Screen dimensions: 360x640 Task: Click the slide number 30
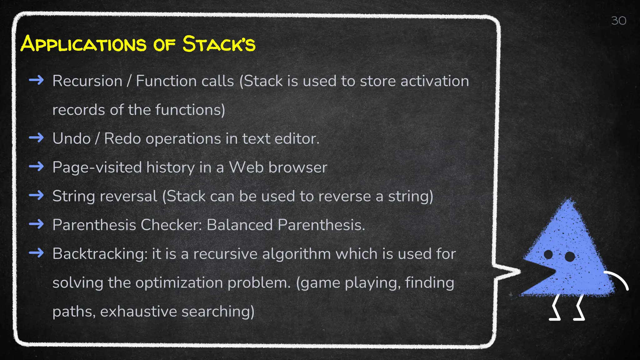point(618,21)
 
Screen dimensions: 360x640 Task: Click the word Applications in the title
point(83,44)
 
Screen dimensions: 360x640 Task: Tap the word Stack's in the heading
point(219,44)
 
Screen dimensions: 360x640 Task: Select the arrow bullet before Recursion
point(36,80)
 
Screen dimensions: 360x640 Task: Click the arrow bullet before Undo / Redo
point(36,138)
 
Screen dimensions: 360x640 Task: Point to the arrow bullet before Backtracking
point(36,253)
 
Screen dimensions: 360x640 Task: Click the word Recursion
point(87,81)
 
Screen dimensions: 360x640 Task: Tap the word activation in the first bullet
point(435,81)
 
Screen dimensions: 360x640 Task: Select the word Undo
point(71,138)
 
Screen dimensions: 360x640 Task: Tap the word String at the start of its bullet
point(73,197)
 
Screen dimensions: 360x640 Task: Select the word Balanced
point(240,225)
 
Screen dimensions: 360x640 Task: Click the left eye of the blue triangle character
point(548,255)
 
